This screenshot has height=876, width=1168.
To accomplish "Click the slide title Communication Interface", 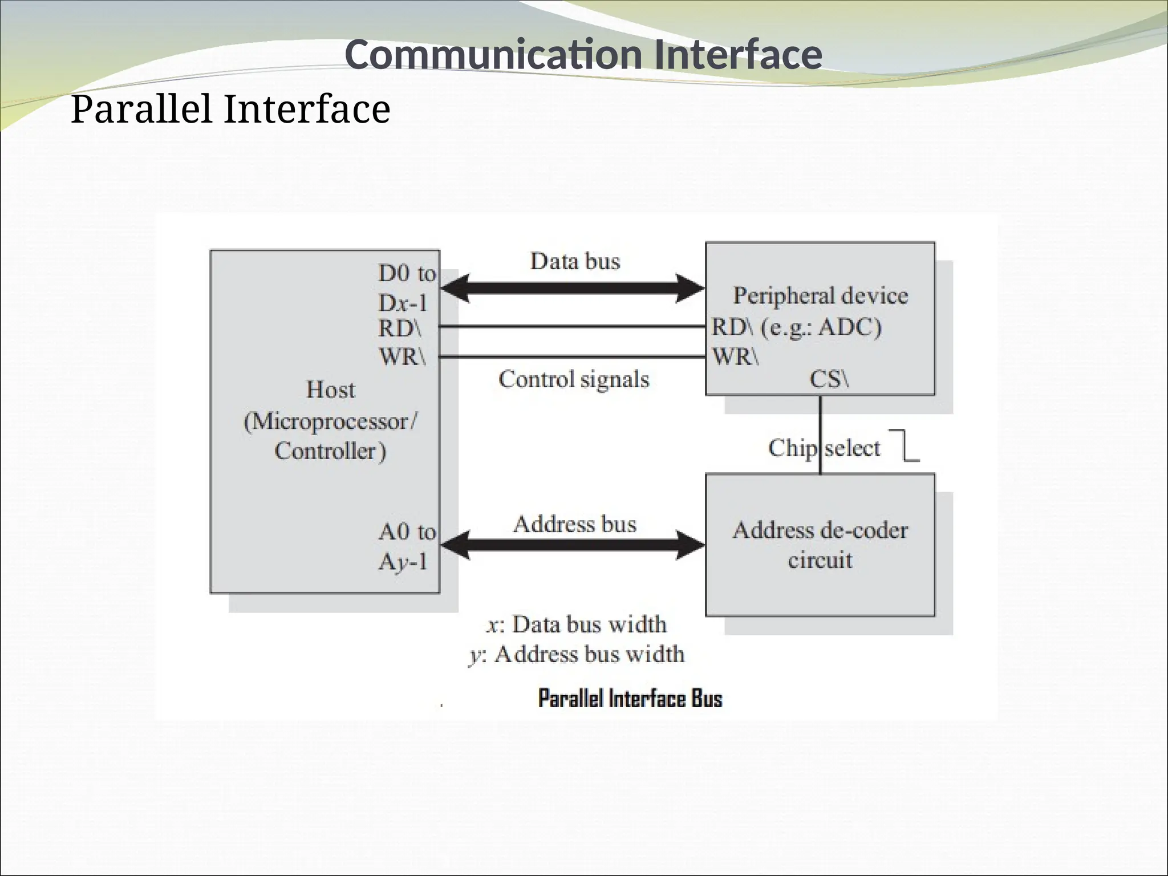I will click(x=583, y=55).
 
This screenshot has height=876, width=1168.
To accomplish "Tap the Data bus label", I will click(x=575, y=261).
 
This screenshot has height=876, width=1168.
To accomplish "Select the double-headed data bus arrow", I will click(x=573, y=288).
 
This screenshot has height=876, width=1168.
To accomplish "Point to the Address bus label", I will click(x=575, y=524).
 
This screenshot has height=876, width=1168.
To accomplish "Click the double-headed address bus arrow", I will click(x=573, y=545).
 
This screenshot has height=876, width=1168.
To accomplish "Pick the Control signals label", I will click(x=574, y=379).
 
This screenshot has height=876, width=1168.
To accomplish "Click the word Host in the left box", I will click(x=330, y=390).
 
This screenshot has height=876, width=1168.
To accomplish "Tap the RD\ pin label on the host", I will click(x=400, y=328).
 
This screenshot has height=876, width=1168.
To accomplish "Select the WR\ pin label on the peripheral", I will click(x=735, y=356).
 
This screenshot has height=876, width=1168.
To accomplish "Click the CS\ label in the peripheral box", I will click(x=829, y=379).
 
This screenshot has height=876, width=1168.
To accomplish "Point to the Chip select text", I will click(x=824, y=448).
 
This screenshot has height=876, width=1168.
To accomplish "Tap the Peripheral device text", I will click(x=820, y=295).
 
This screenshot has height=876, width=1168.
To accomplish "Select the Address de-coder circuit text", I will click(x=820, y=545).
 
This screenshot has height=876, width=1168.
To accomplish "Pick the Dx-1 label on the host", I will click(x=403, y=302).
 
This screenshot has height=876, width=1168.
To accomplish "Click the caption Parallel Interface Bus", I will click(x=630, y=699).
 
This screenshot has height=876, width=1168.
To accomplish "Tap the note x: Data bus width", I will click(x=576, y=624).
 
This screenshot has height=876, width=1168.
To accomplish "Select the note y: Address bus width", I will click(x=576, y=654).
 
